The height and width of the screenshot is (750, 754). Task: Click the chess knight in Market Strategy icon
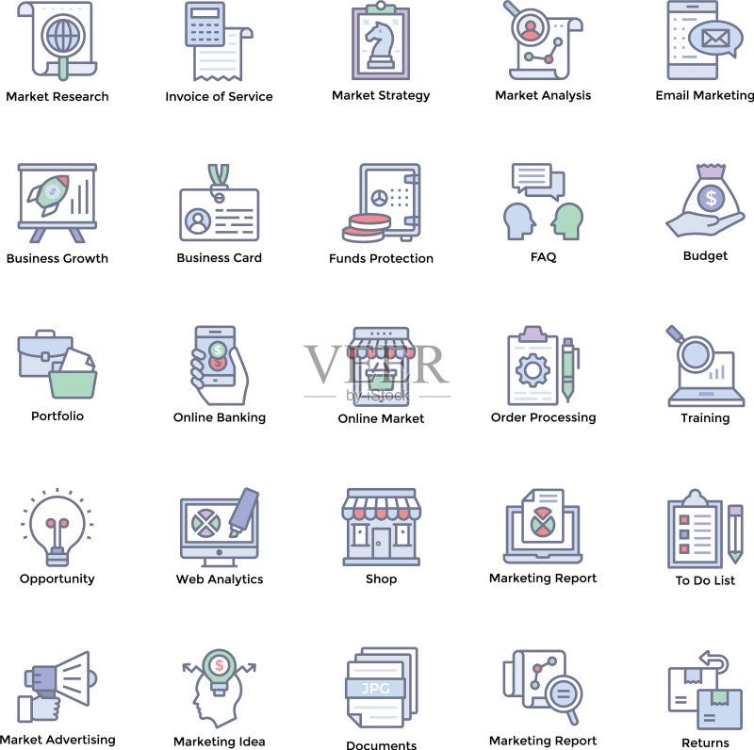click(381, 44)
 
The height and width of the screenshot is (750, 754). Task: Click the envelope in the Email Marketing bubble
click(715, 38)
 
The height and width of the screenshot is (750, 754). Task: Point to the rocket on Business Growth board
click(48, 195)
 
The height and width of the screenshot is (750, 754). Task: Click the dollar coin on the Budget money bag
click(711, 198)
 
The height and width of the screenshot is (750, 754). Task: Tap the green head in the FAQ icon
click(567, 221)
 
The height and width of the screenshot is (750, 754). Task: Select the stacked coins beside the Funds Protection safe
click(367, 228)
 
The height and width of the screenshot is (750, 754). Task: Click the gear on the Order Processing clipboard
click(533, 370)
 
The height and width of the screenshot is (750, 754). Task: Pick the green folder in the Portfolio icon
click(73, 383)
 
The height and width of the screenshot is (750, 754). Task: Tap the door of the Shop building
click(382, 544)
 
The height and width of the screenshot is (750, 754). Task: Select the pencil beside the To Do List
click(735, 533)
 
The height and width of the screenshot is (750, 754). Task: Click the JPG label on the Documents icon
click(375, 689)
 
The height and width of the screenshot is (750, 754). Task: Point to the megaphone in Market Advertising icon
click(61, 678)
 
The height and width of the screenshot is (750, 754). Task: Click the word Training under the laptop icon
click(705, 418)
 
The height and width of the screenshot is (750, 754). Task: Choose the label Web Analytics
click(220, 579)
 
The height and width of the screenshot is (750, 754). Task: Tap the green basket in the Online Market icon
click(381, 379)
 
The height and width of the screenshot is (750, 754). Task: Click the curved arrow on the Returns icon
click(714, 661)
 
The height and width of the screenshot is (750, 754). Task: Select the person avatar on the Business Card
click(198, 220)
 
